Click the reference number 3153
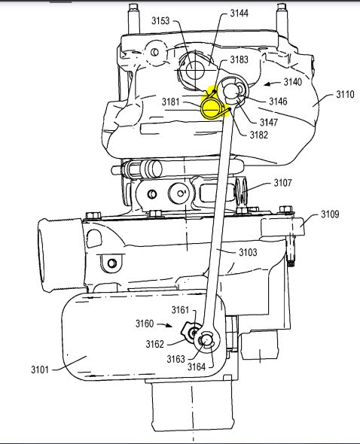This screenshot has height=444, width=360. pyautogui.click(x=160, y=20)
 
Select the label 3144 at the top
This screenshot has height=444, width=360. pyautogui.click(x=239, y=13)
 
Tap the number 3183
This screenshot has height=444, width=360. pyautogui.click(x=239, y=59)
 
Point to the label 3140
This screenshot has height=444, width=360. pyautogui.click(x=293, y=82)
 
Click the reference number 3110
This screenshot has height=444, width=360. pyautogui.click(x=345, y=94)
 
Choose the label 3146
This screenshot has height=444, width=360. pyautogui.click(x=278, y=101)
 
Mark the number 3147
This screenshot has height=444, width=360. pyautogui.click(x=269, y=122)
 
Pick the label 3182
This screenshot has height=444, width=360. pyautogui.click(x=259, y=135)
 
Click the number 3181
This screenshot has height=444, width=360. pyautogui.click(x=171, y=102)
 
